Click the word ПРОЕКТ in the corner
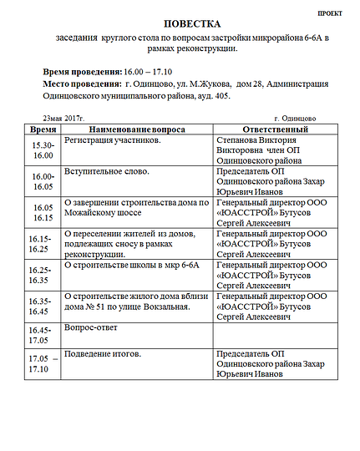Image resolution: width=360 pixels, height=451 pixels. coord(332,13)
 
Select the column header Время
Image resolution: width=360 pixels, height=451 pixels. coord(43,130)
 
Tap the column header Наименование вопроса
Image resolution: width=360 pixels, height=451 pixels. coord(136,130)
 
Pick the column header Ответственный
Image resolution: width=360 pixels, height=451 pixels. coord(275,130)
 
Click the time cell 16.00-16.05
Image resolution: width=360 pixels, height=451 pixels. coord(43,182)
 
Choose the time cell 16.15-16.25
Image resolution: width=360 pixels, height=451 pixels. coord(43,243)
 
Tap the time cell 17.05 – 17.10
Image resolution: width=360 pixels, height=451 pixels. coord(43,363)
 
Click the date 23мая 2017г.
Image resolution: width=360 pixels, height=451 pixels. coord(64,119)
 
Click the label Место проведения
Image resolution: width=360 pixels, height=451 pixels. coord(81,84)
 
